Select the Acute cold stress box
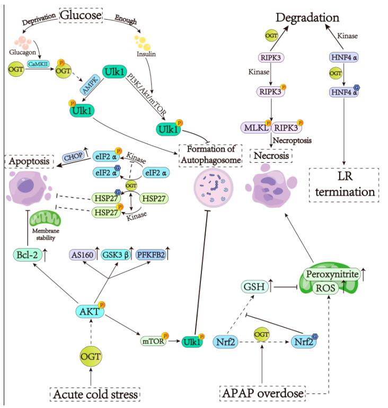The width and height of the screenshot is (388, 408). (94, 394)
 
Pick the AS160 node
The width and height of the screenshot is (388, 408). (82, 255)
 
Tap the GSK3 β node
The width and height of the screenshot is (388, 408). (118, 255)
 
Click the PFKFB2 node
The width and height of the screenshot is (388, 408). (153, 255)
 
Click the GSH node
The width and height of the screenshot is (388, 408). (248, 287)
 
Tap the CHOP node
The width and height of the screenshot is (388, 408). (72, 156)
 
